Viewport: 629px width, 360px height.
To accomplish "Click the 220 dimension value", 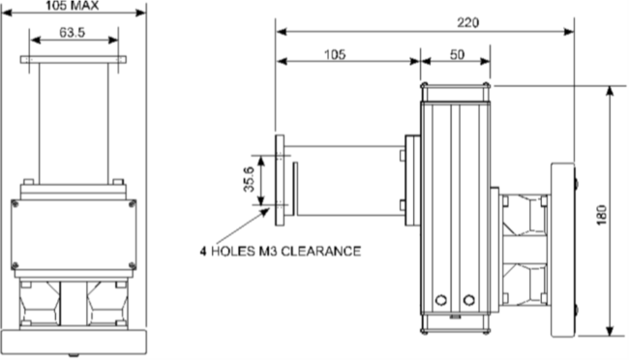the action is [x=467, y=22].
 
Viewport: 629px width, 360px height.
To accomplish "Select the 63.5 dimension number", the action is [x=73, y=33].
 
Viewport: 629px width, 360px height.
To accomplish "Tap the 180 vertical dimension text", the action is [x=601, y=215].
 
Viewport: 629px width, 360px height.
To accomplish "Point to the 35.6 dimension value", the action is [x=249, y=179].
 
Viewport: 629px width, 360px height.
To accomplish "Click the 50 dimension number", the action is [x=457, y=54].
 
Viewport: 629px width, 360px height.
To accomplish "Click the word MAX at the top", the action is [x=84, y=6].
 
